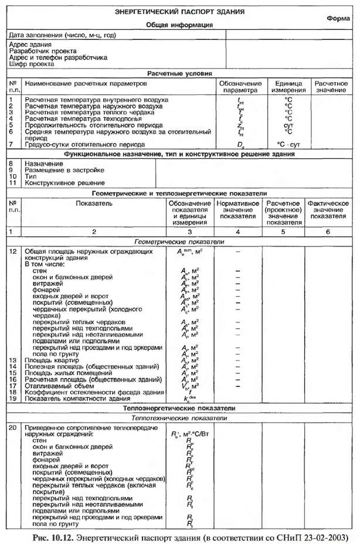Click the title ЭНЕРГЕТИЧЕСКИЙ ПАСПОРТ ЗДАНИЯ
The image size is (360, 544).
pyautogui.click(x=179, y=12)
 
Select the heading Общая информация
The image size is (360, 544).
pyautogui.click(x=179, y=25)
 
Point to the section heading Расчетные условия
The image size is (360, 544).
pyautogui.click(x=179, y=73)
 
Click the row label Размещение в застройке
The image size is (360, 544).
pyautogui.click(x=64, y=169)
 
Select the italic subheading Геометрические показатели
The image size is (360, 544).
pyautogui.click(x=179, y=241)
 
